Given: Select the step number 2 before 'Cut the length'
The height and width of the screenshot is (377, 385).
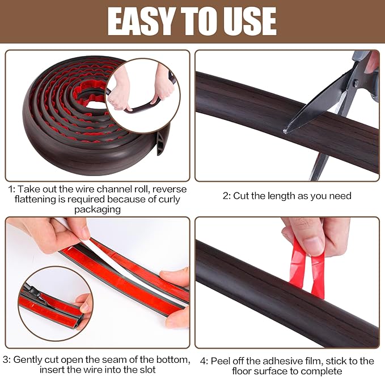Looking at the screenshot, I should point(226,196).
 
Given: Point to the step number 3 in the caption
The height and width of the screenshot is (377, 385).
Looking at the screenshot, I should point(6,359).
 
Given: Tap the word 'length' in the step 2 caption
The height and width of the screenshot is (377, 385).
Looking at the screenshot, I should point(284,196).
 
